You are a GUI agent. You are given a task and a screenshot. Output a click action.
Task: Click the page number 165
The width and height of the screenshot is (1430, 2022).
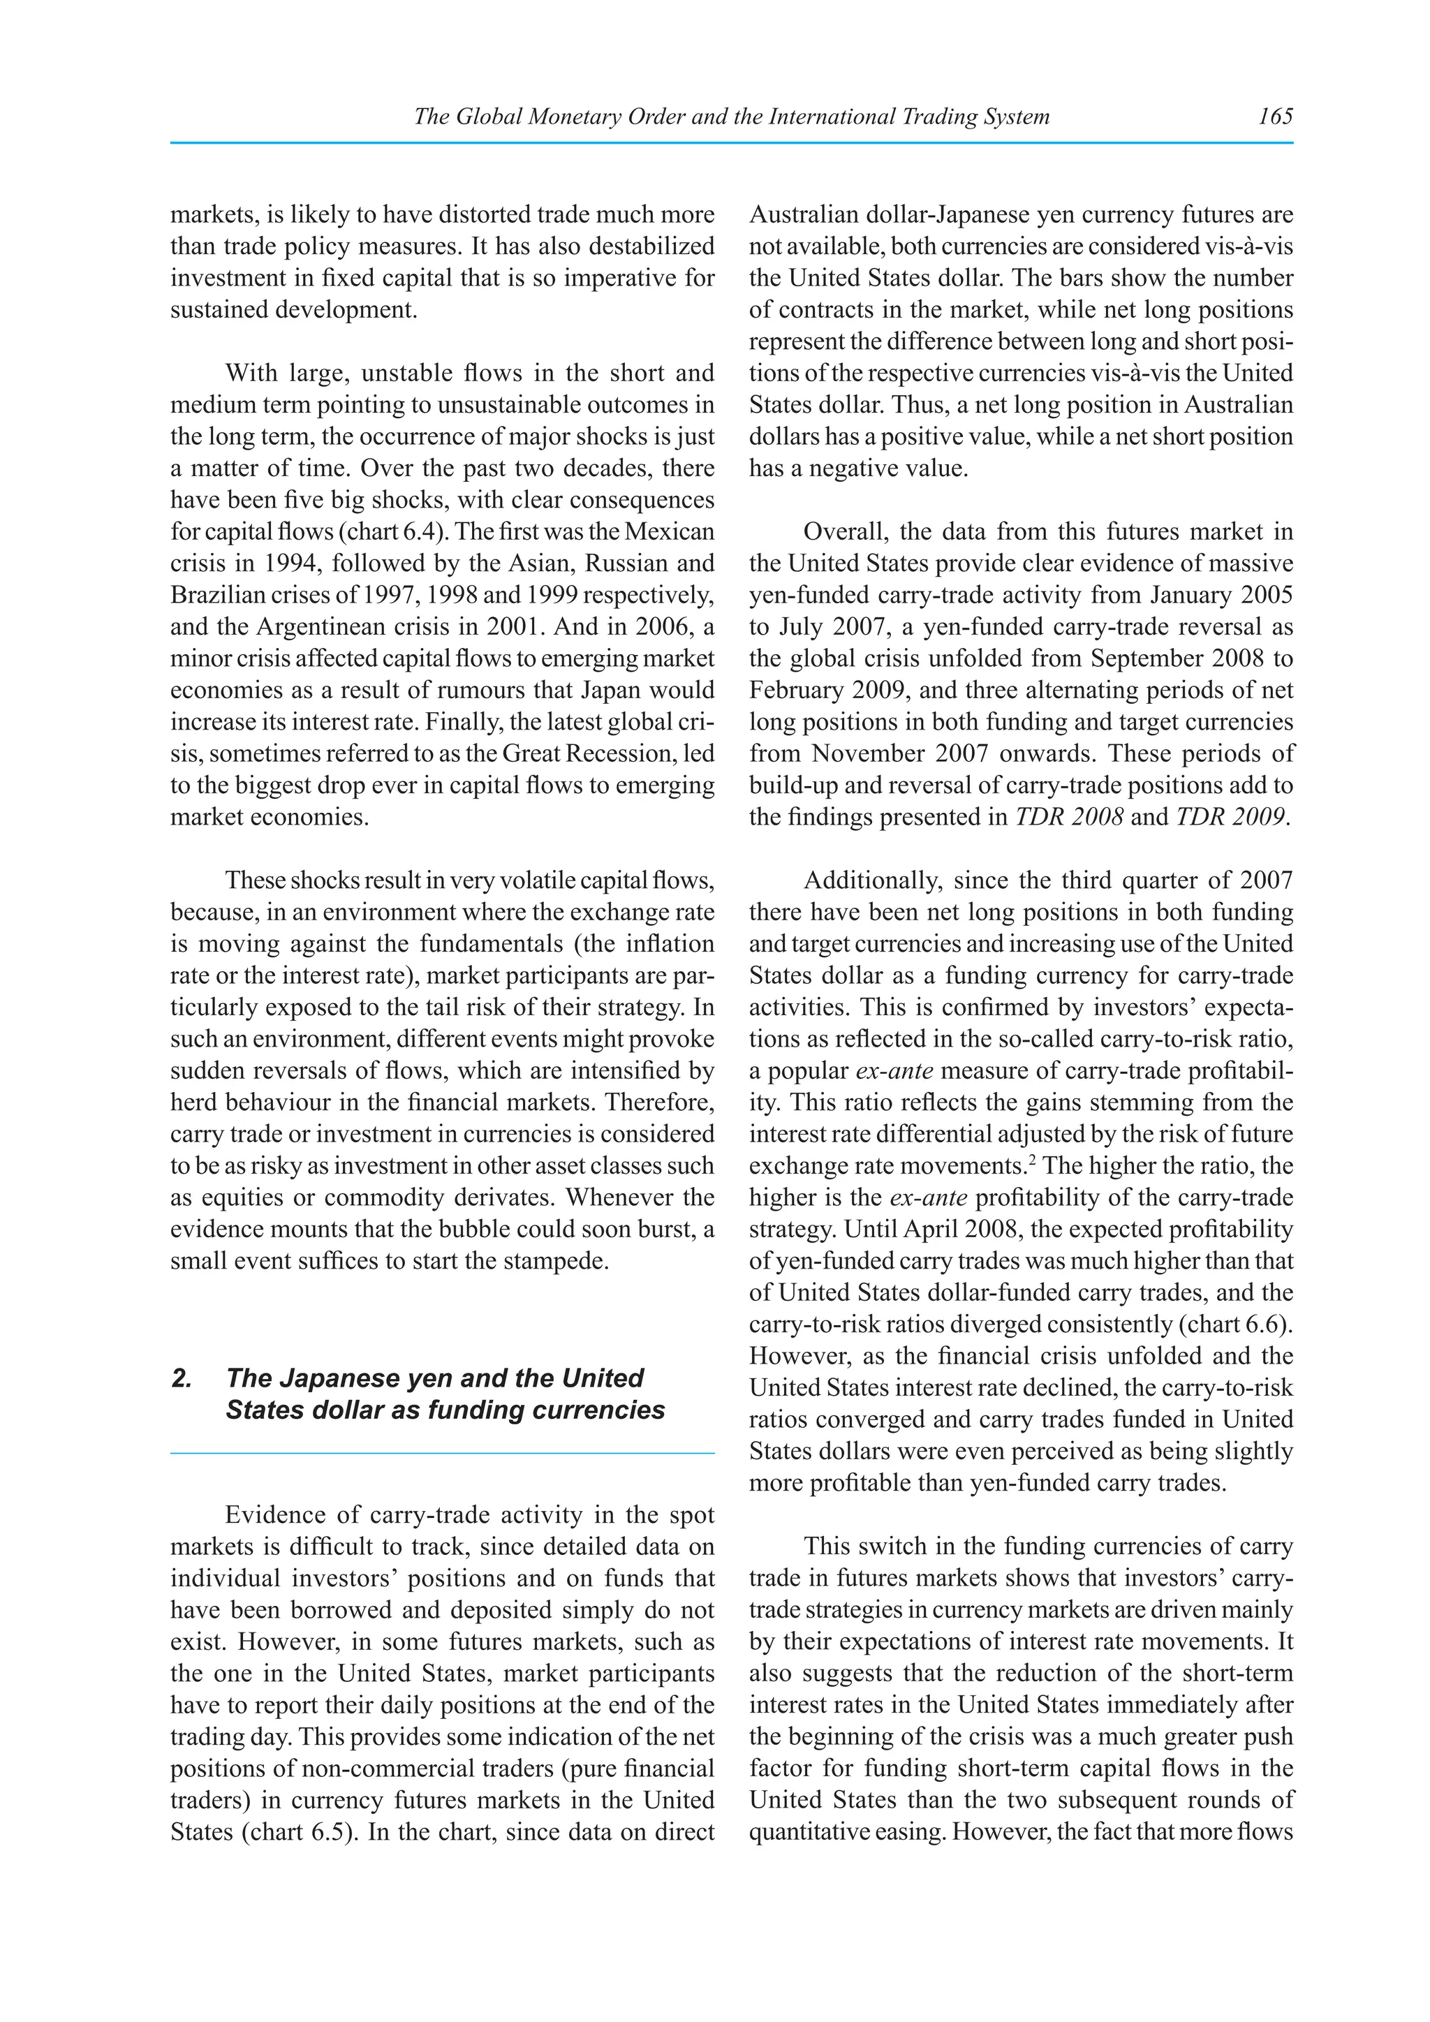[x=1275, y=116]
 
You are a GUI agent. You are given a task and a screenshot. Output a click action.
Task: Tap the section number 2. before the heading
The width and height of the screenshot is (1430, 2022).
[x=182, y=1378]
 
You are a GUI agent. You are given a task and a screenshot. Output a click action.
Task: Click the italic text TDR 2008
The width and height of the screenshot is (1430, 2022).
[x=1069, y=818]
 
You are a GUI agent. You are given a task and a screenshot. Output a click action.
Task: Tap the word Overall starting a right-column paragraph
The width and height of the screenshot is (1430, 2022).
[x=846, y=532]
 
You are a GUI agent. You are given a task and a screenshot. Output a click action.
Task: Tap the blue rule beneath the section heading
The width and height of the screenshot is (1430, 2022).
[x=442, y=1454]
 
